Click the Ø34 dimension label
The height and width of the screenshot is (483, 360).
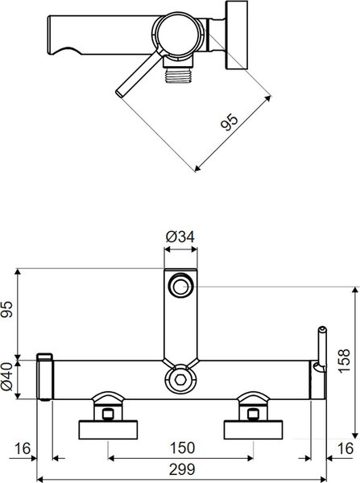coord(180,237)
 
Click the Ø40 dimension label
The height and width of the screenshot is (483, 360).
coord(7,376)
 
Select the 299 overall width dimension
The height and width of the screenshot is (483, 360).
coord(182,469)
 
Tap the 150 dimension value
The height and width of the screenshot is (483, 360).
coord(183,448)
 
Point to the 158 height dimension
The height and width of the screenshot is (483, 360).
coord(344,361)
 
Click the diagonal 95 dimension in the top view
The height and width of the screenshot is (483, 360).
coord(230,122)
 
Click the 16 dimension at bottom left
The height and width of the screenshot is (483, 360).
coord(23,448)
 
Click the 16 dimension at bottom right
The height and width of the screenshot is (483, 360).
coord(346,448)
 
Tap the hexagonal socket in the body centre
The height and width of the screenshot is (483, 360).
coord(180,379)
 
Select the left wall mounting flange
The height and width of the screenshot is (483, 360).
coord(108,430)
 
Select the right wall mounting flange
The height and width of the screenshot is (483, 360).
coord(254,430)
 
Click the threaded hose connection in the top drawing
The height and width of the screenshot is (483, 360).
coord(179,76)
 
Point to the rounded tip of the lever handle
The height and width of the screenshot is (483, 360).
coord(119,92)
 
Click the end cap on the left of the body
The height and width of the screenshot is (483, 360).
coord(45,377)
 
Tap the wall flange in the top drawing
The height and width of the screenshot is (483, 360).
coord(237,35)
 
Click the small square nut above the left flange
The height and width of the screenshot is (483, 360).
coord(108,415)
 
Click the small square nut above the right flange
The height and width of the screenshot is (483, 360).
coord(253,415)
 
